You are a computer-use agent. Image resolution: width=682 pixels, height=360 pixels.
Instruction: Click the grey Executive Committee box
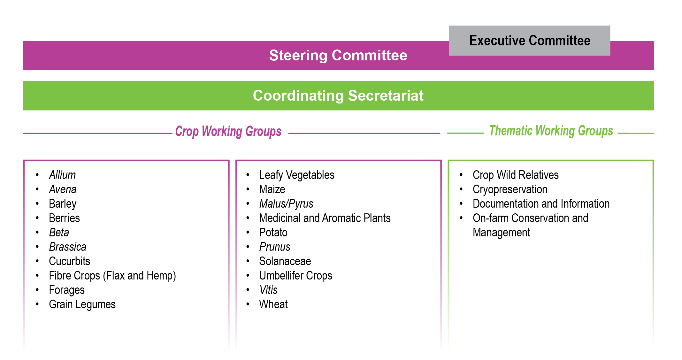[529, 41]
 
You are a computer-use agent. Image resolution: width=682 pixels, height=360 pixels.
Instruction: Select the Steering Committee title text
[338, 55]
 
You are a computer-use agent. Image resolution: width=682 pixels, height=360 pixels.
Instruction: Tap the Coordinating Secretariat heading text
[338, 96]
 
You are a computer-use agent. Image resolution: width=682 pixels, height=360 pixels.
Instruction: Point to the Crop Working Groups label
[228, 131]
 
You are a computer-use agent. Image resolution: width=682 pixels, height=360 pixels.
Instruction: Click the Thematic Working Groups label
[551, 131]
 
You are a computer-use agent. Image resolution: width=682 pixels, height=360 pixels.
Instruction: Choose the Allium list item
[62, 175]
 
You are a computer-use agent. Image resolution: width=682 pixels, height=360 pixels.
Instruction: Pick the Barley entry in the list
[63, 204]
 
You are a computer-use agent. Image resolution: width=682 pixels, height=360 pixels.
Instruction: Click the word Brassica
[68, 247]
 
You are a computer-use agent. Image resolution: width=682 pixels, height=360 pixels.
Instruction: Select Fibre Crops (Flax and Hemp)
[112, 276]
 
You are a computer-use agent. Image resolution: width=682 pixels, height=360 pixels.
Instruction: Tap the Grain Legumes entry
[82, 304]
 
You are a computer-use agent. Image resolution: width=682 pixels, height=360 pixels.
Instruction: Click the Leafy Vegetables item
[297, 175]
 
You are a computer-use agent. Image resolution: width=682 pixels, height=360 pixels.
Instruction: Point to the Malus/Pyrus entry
[286, 204]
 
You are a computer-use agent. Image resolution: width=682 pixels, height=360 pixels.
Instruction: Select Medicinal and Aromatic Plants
[325, 218]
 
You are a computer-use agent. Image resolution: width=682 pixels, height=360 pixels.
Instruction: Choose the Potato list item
[273, 233]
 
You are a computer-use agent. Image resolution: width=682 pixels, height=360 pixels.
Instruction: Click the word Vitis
[268, 290]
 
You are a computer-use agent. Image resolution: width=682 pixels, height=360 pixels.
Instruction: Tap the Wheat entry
[273, 304]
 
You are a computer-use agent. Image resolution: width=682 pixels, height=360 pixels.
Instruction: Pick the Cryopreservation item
[510, 189]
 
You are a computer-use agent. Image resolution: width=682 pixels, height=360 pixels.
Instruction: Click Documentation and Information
[541, 204]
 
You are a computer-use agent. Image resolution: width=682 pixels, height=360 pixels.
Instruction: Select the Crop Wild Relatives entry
[516, 175]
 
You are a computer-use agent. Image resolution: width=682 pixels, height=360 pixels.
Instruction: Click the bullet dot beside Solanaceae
[248, 261]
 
